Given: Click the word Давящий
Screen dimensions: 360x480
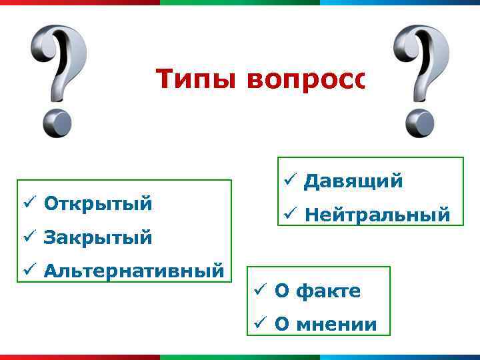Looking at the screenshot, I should pos(353,181).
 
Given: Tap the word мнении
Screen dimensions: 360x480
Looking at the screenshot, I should pos(335,325).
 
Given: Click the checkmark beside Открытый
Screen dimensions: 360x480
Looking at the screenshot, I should pos(27,203).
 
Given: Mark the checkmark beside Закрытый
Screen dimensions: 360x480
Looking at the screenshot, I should pos(27,237).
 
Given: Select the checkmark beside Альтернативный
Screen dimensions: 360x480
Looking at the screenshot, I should pos(27,271).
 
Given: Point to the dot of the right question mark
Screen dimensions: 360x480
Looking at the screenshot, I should pos(420,123).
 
